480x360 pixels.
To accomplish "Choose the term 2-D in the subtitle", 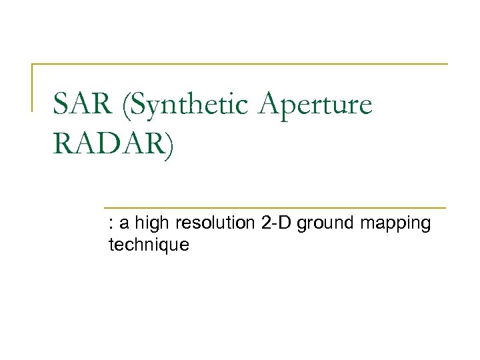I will point(277,223).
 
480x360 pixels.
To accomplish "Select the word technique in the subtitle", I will point(149,245).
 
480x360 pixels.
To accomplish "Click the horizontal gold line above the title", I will point(240,64).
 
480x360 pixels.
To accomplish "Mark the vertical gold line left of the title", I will point(33,87).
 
